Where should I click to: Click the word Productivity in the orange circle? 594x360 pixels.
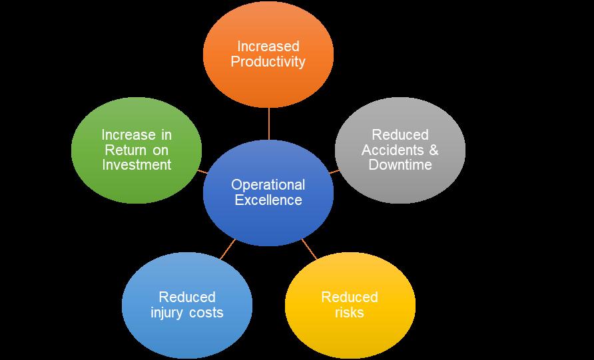pyautogui.click(x=268, y=62)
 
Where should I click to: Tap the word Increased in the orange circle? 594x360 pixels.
pyautogui.click(x=268, y=46)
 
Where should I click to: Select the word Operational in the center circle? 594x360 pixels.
pyautogui.click(x=268, y=185)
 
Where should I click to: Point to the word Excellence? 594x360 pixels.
pyautogui.click(x=268, y=200)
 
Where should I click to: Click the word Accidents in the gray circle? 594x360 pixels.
pyautogui.click(x=393, y=150)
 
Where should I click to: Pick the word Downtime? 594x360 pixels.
pyautogui.click(x=400, y=164)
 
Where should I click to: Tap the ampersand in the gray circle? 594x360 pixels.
pyautogui.click(x=434, y=150)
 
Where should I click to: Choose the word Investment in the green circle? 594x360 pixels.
pyautogui.click(x=137, y=164)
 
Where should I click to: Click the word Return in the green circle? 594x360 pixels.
pyautogui.click(x=125, y=150)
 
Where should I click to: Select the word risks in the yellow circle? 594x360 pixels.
pyautogui.click(x=350, y=313)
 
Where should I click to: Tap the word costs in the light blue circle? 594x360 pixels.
pyautogui.click(x=206, y=313)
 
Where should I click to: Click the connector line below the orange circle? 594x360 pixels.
pyautogui.click(x=269, y=124)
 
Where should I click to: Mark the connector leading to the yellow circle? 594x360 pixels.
pyautogui.click(x=309, y=250)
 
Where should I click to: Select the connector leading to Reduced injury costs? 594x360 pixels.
pyautogui.click(x=228, y=250)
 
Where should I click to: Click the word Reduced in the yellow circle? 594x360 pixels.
pyautogui.click(x=350, y=297)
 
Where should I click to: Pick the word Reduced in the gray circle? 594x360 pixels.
pyautogui.click(x=400, y=135)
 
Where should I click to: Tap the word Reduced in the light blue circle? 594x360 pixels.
pyautogui.click(x=187, y=297)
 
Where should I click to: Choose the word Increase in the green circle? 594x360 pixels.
pyautogui.click(x=123, y=135)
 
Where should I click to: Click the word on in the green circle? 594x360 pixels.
pyautogui.click(x=160, y=150)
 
